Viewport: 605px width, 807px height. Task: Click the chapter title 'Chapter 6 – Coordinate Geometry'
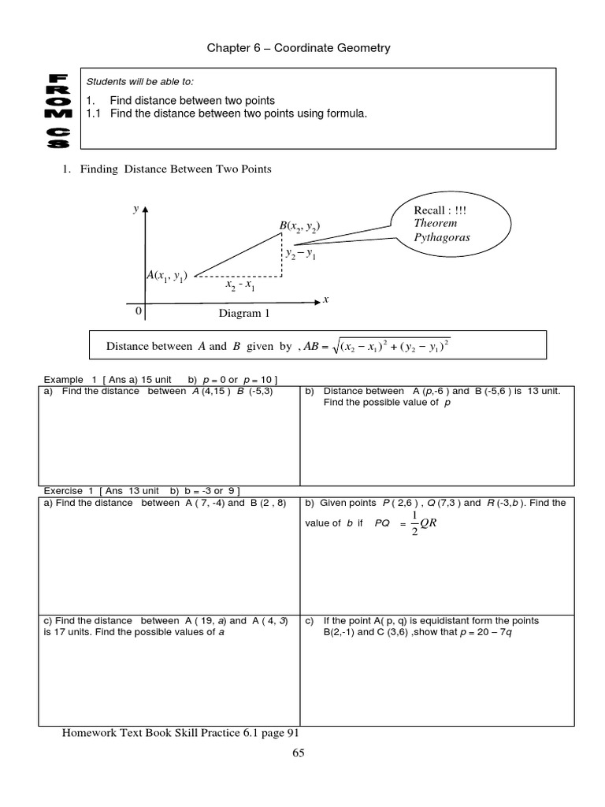tap(299, 49)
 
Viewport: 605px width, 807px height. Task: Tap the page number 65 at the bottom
tap(298, 753)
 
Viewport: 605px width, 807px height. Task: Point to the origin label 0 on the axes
tap(139, 311)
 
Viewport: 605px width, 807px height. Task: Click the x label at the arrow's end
tap(325, 300)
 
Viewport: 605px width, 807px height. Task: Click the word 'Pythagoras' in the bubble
tap(441, 237)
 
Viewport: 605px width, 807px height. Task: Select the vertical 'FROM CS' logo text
tap(59, 111)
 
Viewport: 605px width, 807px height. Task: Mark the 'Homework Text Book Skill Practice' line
tap(180, 733)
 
